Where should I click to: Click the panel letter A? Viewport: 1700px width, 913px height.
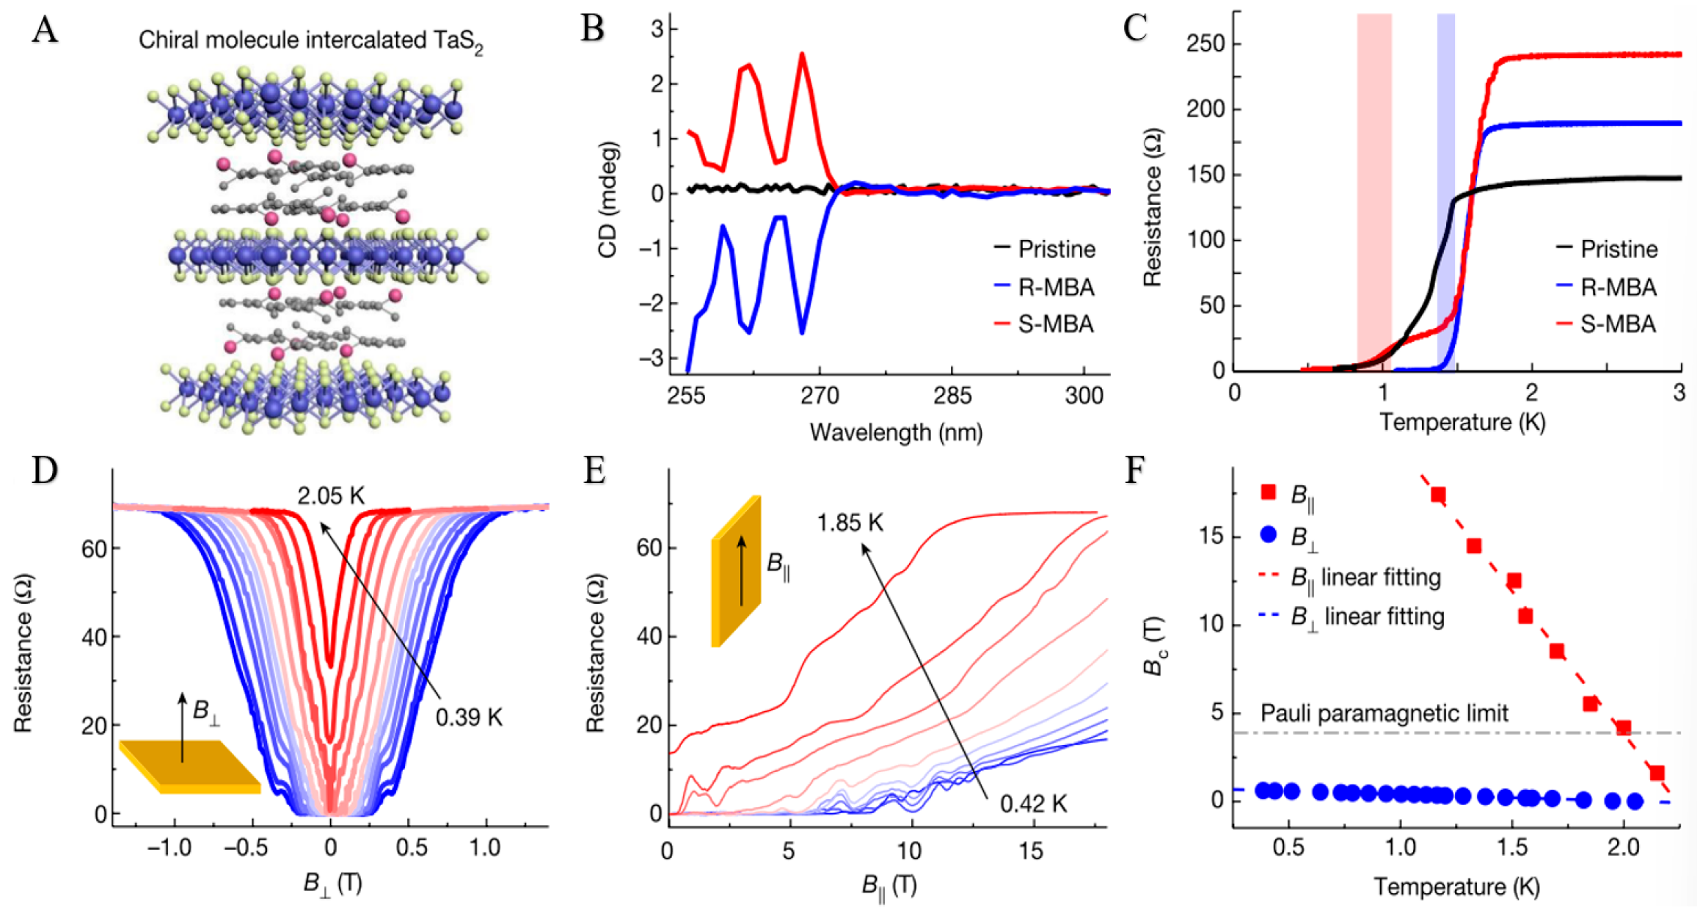45,31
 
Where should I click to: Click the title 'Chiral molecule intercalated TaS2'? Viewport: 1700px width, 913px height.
310,41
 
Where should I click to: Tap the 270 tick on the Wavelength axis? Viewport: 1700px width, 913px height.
820,396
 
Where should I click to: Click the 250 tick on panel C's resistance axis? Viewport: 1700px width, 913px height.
1206,44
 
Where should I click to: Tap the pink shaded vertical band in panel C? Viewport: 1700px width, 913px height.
1374,191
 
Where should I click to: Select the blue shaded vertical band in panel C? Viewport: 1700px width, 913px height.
1445,191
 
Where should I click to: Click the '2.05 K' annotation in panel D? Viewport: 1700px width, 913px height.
331,496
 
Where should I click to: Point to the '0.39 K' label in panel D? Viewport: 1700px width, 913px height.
469,717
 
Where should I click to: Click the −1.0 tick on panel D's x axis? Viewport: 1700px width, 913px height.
169,848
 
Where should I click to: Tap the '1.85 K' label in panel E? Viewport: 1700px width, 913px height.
850,523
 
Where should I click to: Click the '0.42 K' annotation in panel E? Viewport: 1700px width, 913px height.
1033,804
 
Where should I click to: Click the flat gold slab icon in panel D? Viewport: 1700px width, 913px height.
189,766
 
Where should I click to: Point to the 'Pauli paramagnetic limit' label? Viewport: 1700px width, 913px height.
1384,713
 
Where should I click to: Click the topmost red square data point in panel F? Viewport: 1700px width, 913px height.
1437,495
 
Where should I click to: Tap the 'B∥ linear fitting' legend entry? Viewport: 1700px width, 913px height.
1365,578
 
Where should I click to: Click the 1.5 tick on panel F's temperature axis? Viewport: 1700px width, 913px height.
1511,848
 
